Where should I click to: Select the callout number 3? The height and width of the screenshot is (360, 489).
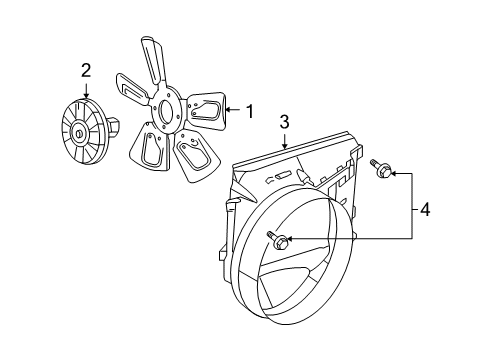click(x=284, y=121)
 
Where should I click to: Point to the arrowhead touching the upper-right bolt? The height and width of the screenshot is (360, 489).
click(x=392, y=171)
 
